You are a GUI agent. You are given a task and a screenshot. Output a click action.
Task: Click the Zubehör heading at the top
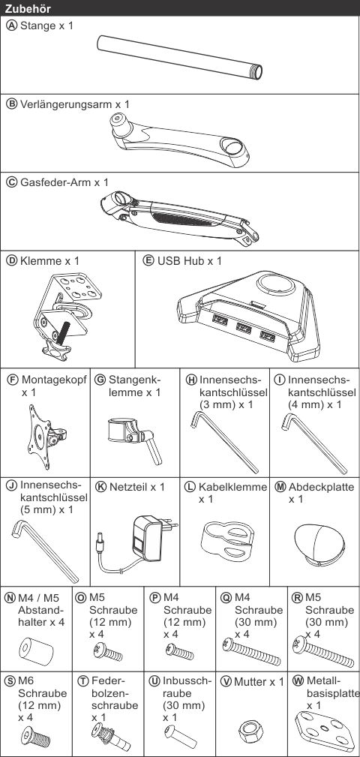tap(28, 8)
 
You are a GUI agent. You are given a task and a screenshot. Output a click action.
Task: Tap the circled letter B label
tap(10, 104)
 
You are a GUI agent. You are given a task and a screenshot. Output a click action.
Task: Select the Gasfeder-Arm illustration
tap(180, 214)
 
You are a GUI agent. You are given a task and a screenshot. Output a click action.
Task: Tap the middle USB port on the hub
tap(244, 329)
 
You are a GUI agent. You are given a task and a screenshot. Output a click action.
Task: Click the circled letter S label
tap(10, 681)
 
